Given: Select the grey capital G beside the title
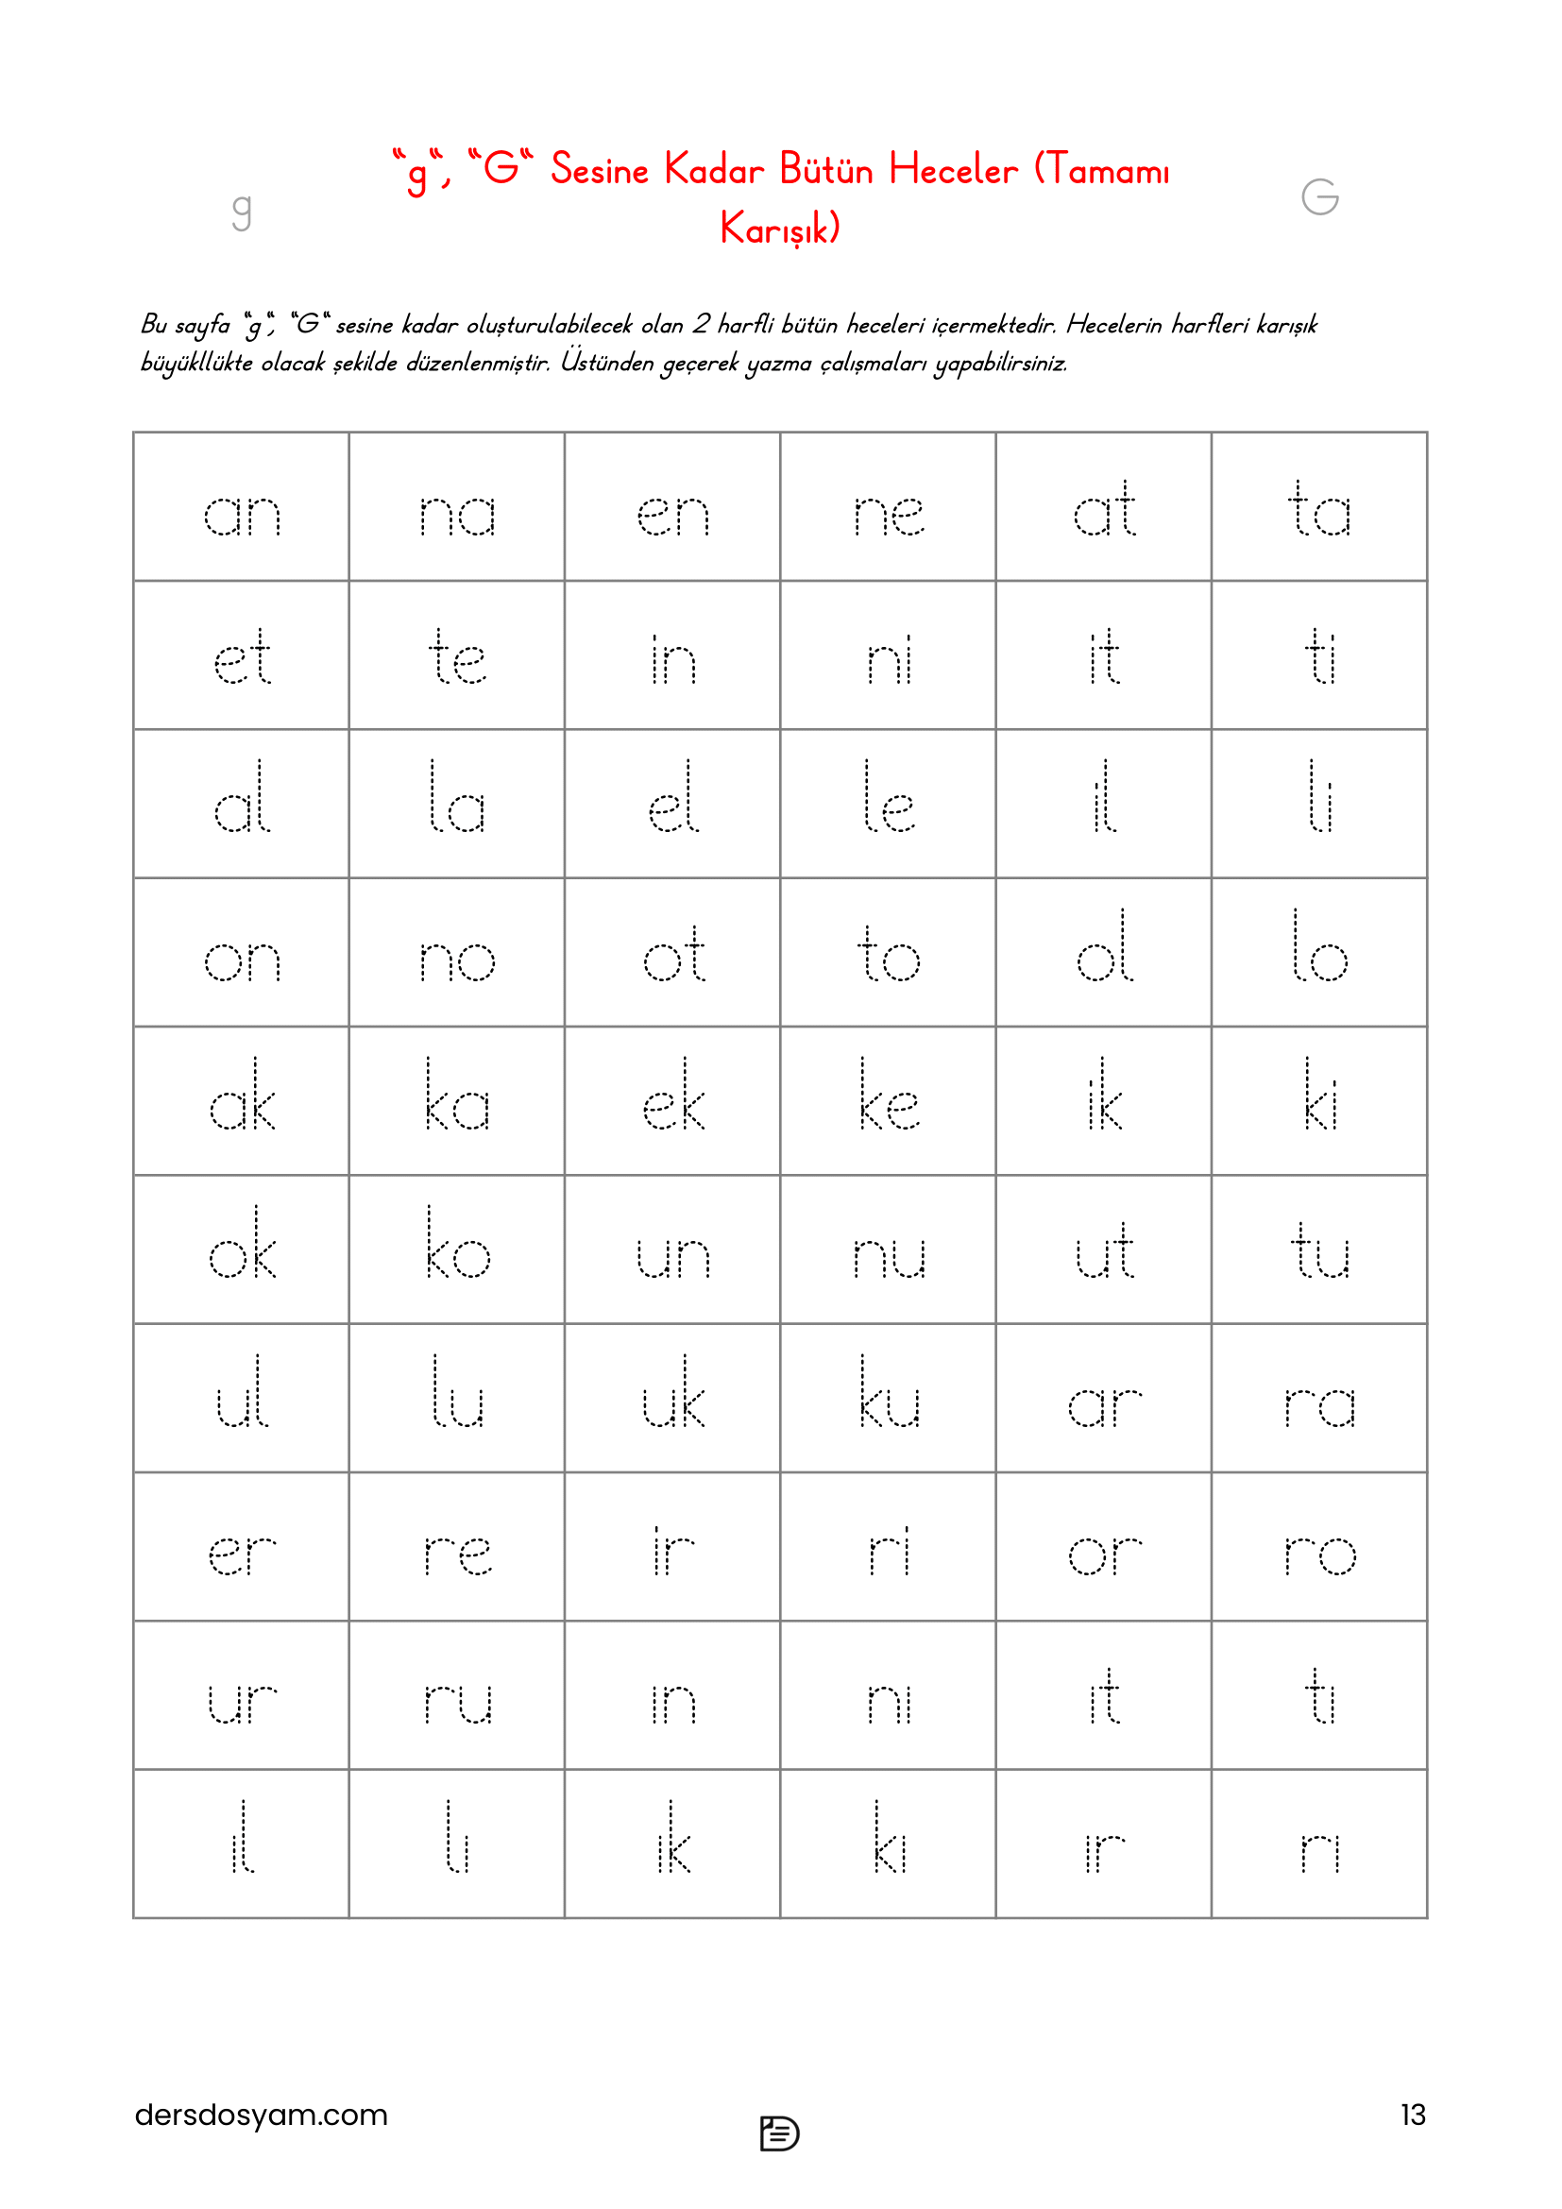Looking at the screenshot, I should pos(1319,197).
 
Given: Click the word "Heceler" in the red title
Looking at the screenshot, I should pos(952,170).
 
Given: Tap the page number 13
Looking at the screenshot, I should pos(1412,2115).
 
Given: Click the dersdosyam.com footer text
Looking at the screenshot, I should pos(261,2115).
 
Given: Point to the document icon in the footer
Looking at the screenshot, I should pos(779,2133).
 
